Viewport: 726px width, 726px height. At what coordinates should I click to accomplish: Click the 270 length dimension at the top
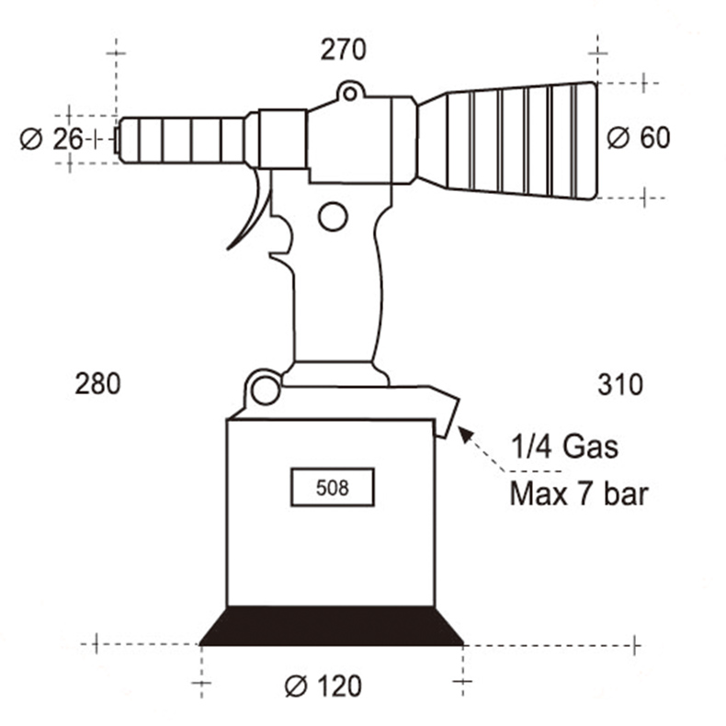(x=343, y=50)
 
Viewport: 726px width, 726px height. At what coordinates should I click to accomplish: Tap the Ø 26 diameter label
(x=51, y=139)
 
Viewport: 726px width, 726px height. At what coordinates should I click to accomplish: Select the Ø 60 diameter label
(x=639, y=138)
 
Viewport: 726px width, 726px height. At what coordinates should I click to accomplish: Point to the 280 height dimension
(x=97, y=384)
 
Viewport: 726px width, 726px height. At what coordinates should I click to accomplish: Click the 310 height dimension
(x=620, y=384)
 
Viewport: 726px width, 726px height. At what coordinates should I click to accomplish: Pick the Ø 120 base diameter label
(x=323, y=686)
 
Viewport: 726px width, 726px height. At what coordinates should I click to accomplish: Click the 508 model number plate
(x=333, y=487)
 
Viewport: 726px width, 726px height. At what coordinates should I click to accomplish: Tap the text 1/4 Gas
(x=564, y=447)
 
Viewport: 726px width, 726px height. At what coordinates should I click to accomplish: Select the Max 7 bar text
(x=579, y=493)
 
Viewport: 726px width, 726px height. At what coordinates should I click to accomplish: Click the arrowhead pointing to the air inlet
(x=466, y=435)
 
